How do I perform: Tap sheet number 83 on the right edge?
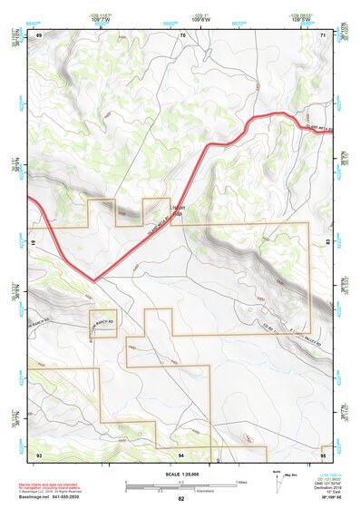point(329,243)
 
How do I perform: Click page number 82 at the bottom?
point(181,499)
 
